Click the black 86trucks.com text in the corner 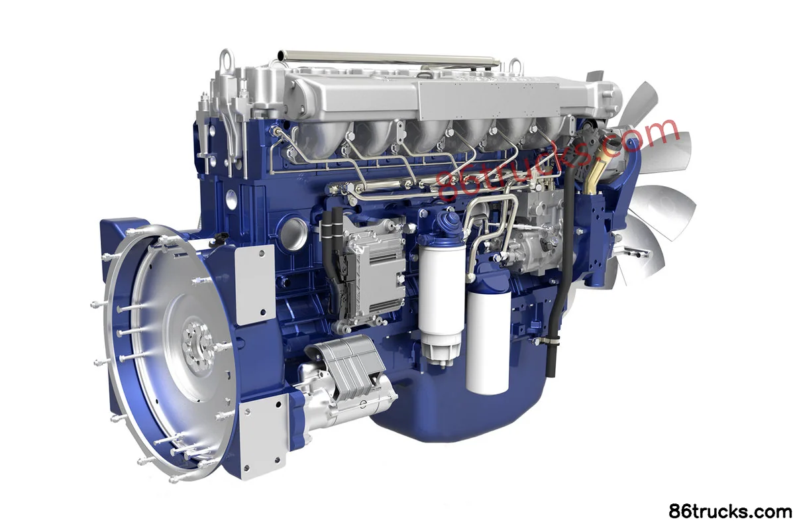tap(730, 511)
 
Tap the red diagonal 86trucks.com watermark tap(558, 160)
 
